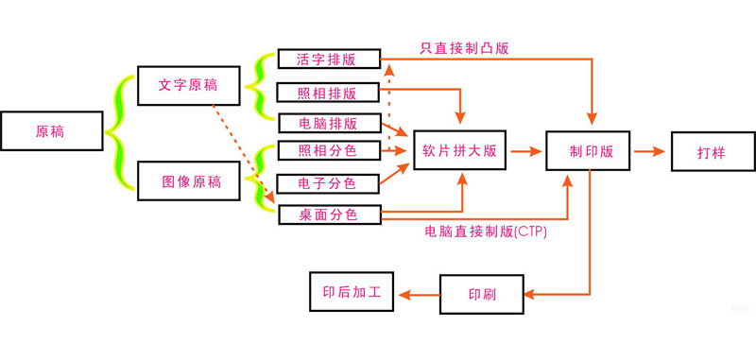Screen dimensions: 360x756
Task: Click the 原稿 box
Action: (x=51, y=131)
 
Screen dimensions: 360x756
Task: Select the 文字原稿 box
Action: (x=189, y=85)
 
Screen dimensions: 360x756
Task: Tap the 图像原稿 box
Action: (x=189, y=181)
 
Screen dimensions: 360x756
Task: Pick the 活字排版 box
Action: (x=328, y=59)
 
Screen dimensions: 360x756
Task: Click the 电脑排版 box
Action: (x=328, y=123)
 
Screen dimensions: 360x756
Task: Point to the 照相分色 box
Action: (x=328, y=149)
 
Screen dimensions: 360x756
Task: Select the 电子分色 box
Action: (x=328, y=182)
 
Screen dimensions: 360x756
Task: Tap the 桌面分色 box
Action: (x=328, y=214)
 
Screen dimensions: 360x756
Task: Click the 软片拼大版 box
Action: (x=460, y=150)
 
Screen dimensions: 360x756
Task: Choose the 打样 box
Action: (x=712, y=150)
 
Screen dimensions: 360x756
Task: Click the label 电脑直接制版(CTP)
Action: (x=486, y=231)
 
